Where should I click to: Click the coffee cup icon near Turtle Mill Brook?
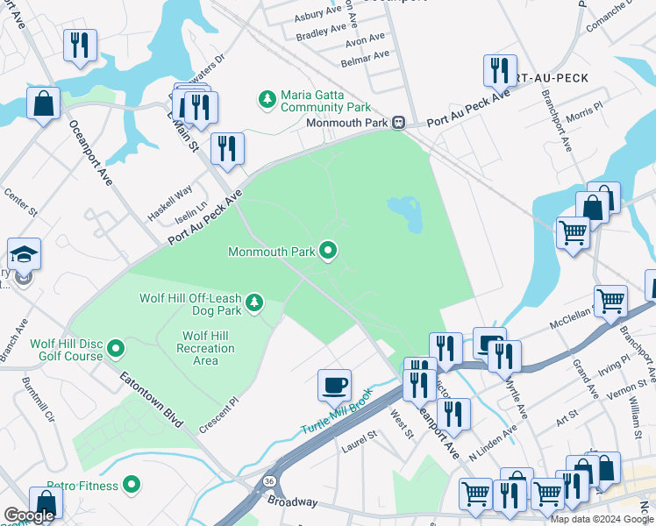(333, 384)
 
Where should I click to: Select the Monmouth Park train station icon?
(398, 123)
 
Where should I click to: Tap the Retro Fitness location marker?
(132, 483)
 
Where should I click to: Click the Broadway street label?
(293, 501)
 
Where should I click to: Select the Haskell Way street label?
(170, 204)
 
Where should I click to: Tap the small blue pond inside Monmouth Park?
(405, 211)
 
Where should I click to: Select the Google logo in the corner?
(29, 515)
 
